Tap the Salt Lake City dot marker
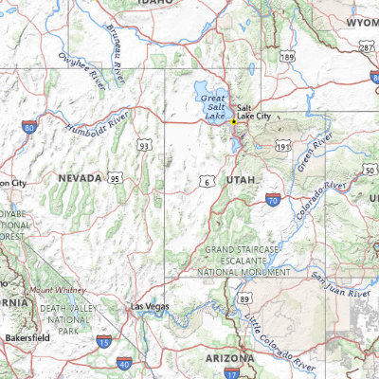tap(233, 122)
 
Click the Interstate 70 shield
tap(272, 200)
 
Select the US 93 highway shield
tap(143, 146)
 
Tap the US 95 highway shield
tap(114, 177)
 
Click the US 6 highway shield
tap(208, 180)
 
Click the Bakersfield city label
tap(26, 337)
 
